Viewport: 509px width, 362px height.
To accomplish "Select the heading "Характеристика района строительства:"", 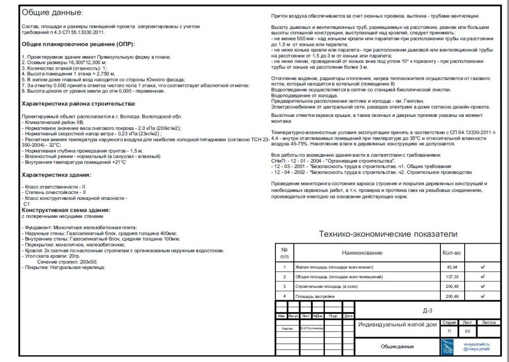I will (x=79, y=103).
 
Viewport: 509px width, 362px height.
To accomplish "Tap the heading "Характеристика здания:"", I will (x=57, y=175).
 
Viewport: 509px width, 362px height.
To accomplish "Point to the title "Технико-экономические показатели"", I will (x=388, y=234).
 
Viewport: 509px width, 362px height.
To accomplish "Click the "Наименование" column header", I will (x=362, y=253).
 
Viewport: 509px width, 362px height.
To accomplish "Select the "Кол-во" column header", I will (x=451, y=253).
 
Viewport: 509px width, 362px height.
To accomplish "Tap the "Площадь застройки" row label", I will (x=315, y=296).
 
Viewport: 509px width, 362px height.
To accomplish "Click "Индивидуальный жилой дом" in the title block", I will (x=397, y=325).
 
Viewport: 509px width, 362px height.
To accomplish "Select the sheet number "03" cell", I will (x=467, y=331).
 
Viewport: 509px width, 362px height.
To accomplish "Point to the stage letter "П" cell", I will (x=449, y=331).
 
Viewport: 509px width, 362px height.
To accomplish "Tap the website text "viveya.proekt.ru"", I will (x=476, y=344).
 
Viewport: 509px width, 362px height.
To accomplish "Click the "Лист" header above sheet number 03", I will (x=467, y=322).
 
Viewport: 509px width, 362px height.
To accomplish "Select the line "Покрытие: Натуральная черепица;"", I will (x=64, y=267).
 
